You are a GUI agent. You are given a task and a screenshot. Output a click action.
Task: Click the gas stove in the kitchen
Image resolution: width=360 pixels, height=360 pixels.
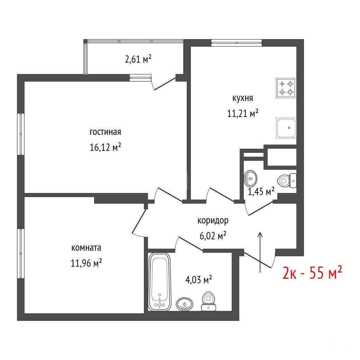click(286, 88)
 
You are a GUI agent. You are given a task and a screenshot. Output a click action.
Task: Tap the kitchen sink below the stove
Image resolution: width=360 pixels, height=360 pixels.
click(286, 128)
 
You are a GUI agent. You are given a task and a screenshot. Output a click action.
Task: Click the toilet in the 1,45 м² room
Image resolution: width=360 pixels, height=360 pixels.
click(287, 181)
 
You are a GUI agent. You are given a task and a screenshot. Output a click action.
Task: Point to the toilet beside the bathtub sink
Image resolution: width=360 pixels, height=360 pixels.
click(209, 301)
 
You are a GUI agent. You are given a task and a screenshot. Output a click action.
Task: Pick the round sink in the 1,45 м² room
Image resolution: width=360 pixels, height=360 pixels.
click(250, 178)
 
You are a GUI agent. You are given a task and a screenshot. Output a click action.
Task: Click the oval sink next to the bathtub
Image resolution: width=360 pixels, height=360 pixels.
click(185, 304)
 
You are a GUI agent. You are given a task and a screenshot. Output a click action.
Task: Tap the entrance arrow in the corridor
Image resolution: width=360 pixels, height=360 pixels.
click(260, 252)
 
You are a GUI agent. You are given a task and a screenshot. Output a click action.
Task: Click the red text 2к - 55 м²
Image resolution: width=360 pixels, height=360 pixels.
click(312, 273)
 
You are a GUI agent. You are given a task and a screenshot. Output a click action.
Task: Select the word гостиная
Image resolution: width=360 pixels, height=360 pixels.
click(105, 132)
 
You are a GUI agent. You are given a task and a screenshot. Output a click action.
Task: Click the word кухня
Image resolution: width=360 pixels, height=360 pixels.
click(243, 98)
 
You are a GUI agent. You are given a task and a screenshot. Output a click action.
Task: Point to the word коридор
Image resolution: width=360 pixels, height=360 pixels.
click(213, 220)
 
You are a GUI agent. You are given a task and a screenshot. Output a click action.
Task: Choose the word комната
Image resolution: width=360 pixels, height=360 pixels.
click(86, 248)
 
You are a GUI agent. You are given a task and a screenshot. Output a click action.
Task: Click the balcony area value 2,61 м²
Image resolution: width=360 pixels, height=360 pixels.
click(138, 59)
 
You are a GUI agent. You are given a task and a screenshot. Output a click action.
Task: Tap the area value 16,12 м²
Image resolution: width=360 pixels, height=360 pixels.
click(105, 147)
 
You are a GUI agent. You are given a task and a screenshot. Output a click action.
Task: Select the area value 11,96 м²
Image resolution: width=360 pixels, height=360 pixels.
click(86, 263)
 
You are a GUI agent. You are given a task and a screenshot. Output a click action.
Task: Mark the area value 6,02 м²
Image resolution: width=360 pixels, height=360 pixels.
click(213, 236)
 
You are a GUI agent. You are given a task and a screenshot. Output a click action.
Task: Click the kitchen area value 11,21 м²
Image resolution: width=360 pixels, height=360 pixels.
click(243, 113)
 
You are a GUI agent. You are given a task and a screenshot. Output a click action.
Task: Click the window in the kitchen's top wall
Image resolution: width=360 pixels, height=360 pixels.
click(237, 43)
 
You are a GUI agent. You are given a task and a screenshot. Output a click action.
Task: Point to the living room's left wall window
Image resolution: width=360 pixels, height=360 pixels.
click(21, 134)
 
